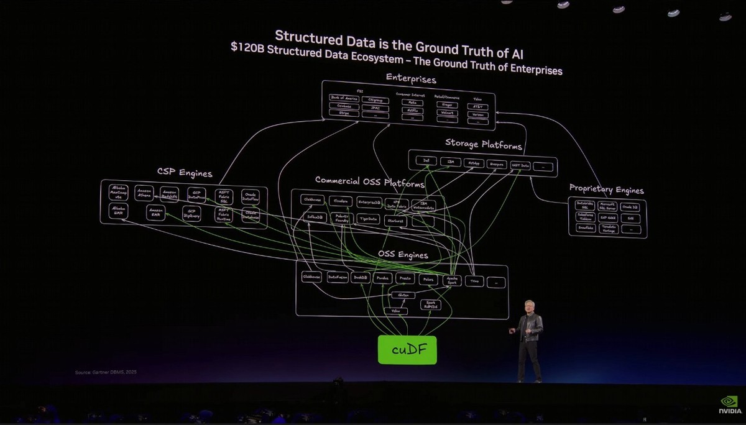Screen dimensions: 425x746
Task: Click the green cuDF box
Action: point(407,350)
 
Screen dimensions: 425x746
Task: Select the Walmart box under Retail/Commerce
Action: point(448,114)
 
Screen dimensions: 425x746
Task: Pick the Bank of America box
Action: point(344,98)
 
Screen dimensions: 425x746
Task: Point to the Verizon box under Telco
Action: point(477,116)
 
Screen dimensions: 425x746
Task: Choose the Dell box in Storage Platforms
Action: point(426,162)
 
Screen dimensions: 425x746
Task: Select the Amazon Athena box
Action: point(145,194)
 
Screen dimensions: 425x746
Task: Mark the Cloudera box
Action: point(339,201)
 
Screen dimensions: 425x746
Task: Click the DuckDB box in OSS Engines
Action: point(361,278)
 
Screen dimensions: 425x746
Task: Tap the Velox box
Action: point(395,310)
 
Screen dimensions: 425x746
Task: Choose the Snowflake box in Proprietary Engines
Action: point(585,228)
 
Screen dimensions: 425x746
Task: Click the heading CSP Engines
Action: point(185,173)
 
